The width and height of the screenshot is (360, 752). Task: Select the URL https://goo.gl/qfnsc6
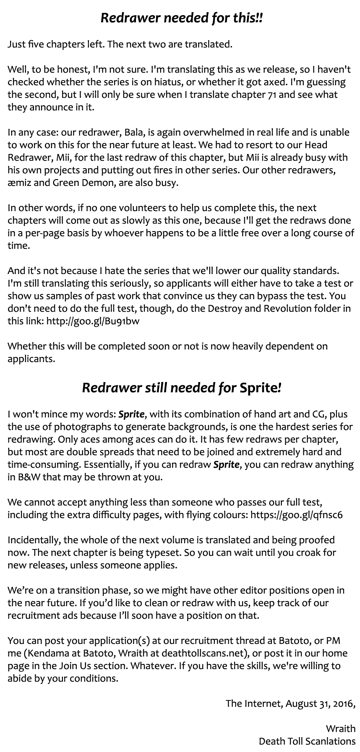coord(296,515)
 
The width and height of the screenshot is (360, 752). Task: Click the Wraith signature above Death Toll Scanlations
coord(340,729)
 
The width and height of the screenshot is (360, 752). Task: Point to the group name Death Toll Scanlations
coord(307,741)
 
